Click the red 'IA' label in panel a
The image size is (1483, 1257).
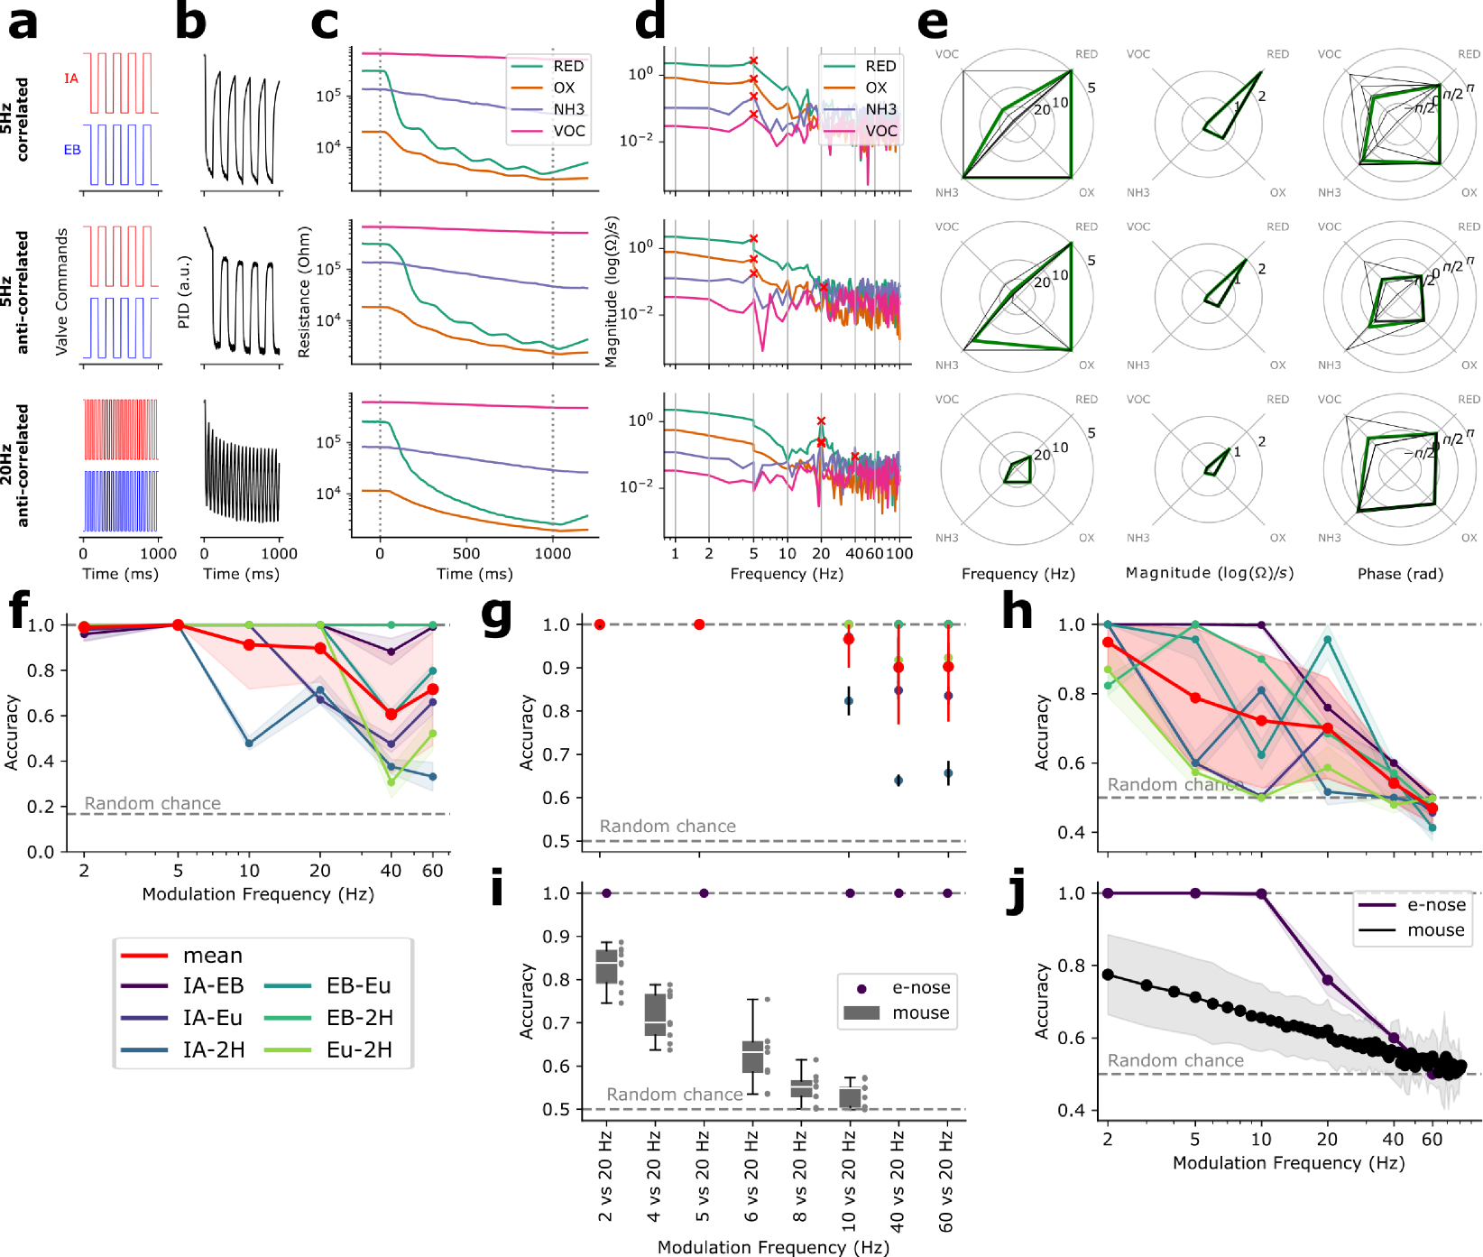(x=71, y=79)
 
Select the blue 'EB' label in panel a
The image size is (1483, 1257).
(x=72, y=150)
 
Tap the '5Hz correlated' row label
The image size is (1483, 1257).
(x=14, y=119)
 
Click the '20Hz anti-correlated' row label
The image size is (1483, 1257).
(x=14, y=466)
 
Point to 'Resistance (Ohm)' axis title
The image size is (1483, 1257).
(x=304, y=291)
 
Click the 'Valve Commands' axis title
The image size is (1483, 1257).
(x=61, y=291)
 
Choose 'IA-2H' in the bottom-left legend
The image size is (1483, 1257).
(x=214, y=1049)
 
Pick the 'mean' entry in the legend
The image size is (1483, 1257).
(x=213, y=955)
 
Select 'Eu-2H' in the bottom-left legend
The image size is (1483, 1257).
(x=359, y=1049)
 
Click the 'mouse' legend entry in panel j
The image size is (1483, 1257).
(x=1436, y=929)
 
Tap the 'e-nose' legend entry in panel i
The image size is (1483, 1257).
(x=921, y=987)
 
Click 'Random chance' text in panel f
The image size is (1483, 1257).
(x=152, y=803)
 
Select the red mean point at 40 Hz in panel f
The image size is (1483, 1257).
(x=391, y=714)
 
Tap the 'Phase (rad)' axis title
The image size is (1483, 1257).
(x=1400, y=573)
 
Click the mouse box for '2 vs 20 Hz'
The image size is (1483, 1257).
(x=607, y=966)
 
